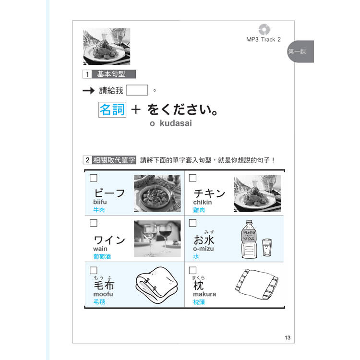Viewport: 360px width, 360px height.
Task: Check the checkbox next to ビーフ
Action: pyautogui.click(x=94, y=178)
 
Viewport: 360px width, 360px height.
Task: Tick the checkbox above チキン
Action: pyautogui.click(x=192, y=178)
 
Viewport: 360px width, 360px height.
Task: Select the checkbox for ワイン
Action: pyautogui.click(x=94, y=223)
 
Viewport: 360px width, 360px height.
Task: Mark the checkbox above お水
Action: pyautogui.click(x=192, y=223)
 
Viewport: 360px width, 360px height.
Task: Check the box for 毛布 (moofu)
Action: pyautogui.click(x=94, y=270)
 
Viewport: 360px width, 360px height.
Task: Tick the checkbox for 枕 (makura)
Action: pyautogui.click(x=192, y=270)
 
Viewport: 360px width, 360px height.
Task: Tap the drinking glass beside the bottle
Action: pyautogui.click(x=267, y=247)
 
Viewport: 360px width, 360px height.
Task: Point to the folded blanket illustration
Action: pyautogui.click(x=156, y=285)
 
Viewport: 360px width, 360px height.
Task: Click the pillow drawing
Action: pyautogui.click(x=257, y=284)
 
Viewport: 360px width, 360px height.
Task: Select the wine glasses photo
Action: pyautogui.click(x=157, y=239)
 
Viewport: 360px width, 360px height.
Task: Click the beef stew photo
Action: pyautogui.click(x=157, y=193)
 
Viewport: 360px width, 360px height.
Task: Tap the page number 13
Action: pyautogui.click(x=288, y=337)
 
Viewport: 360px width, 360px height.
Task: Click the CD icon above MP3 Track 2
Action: pyautogui.click(x=264, y=29)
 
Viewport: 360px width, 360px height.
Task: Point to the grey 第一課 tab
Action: pyautogui.click(x=300, y=51)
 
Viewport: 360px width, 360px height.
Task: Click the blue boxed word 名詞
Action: pyautogui.click(x=112, y=110)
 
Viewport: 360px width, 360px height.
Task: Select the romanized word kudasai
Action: pyautogui.click(x=176, y=123)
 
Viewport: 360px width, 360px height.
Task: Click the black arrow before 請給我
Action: pyautogui.click(x=88, y=90)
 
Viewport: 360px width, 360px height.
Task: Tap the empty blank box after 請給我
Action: pyautogui.click(x=137, y=90)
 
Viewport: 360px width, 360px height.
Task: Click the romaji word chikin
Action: pyautogui.click(x=202, y=202)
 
